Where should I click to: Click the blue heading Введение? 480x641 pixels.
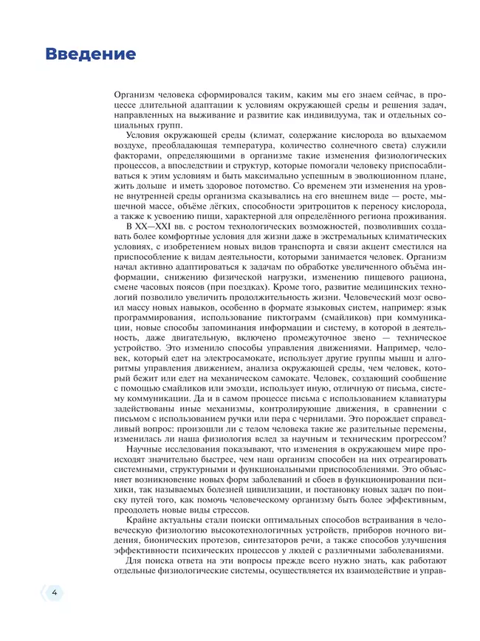(x=90, y=54)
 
